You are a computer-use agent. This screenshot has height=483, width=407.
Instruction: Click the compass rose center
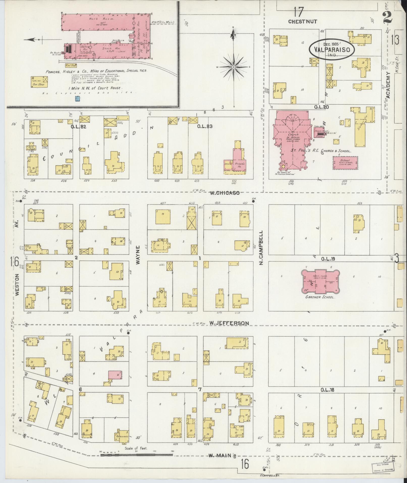[x=234, y=67]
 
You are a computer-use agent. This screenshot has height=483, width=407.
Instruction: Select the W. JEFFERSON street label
[x=229, y=323]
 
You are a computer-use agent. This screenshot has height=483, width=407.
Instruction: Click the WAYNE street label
[x=138, y=255]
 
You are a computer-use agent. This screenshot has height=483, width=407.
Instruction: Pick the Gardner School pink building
[x=320, y=280]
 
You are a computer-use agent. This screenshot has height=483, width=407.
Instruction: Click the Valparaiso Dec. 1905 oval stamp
[x=332, y=49]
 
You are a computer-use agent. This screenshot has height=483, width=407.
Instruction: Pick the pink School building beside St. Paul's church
[x=345, y=163]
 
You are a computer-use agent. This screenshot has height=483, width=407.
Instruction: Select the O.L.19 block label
[x=328, y=259]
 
